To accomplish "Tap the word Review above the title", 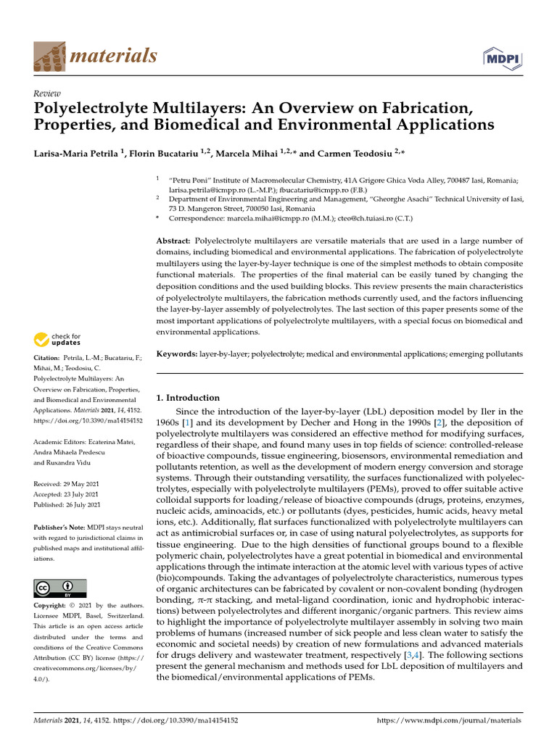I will pos(48,93).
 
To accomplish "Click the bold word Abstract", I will pos(173,240).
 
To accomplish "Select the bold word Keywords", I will pos(177,354).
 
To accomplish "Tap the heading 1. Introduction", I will pos(188,398).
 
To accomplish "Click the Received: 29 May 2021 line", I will pos(67,483).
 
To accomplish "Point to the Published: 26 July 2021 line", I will pos(67,504).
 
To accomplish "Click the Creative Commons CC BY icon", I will pos(60,588).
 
